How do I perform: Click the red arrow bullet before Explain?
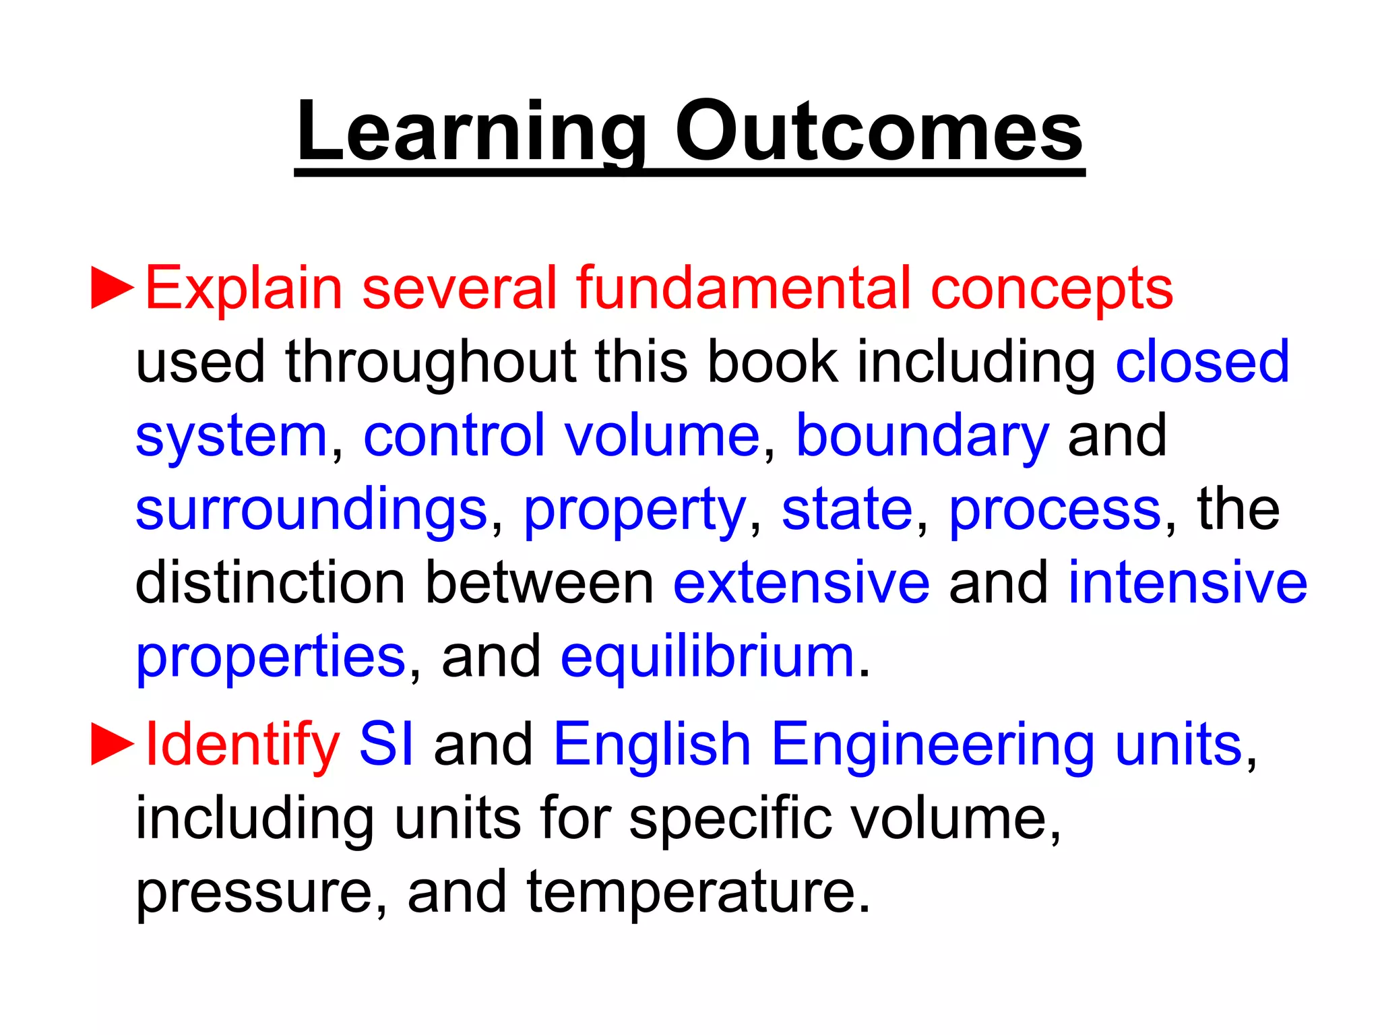tap(113, 288)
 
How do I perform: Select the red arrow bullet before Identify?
tap(113, 745)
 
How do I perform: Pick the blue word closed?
tap(1202, 362)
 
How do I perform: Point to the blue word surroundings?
tap(311, 511)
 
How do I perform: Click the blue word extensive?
tap(801, 583)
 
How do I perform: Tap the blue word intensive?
tap(1187, 583)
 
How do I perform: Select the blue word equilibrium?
tap(708, 658)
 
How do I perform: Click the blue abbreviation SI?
tap(386, 745)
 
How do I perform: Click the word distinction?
tap(270, 583)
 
